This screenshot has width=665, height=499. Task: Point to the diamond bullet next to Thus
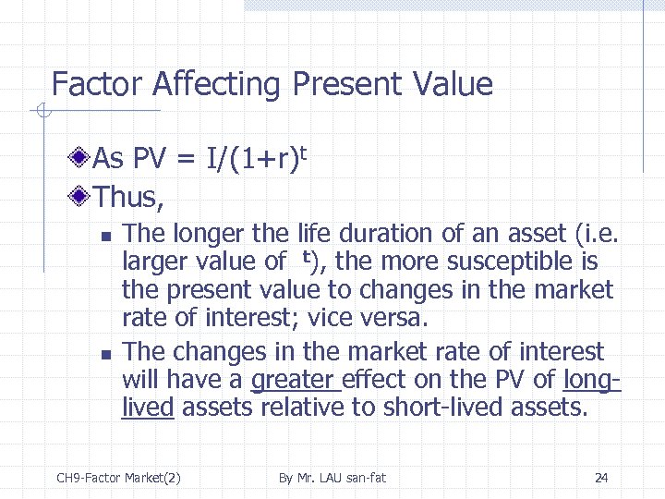(83, 197)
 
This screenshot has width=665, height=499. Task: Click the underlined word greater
(296, 380)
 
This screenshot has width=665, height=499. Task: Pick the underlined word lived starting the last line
(148, 407)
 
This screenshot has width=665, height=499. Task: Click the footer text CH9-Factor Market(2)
(118, 478)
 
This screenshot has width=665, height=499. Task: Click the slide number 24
(601, 478)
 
